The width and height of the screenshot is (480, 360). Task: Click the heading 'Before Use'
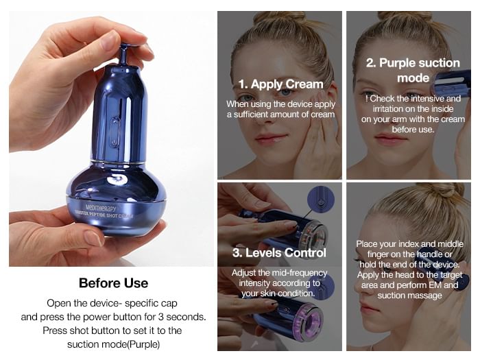[113, 283]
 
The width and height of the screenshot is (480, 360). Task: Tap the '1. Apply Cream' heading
[280, 84]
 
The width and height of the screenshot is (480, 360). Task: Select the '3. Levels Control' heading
[279, 253]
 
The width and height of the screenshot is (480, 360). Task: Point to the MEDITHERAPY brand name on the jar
[101, 208]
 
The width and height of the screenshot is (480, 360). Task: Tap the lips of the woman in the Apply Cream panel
[272, 138]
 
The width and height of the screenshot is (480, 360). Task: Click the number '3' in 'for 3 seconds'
[161, 317]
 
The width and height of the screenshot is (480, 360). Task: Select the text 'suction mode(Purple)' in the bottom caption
[114, 344]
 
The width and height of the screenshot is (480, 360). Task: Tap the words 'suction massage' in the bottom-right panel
[409, 296]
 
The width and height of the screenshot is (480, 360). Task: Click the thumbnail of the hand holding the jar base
[91, 238]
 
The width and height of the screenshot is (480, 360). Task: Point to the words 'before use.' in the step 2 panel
[413, 130]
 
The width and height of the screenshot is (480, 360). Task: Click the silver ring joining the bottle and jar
[117, 163]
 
